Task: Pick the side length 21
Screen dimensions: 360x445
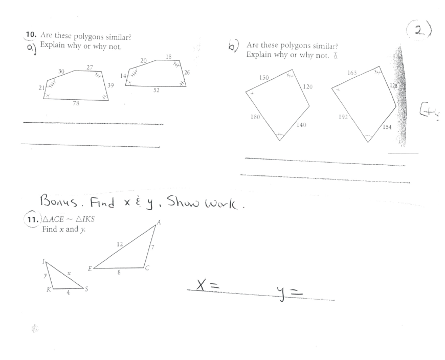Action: click(41, 88)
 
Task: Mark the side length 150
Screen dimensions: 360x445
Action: click(264, 77)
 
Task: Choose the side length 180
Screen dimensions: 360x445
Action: click(255, 117)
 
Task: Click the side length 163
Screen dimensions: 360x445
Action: click(352, 73)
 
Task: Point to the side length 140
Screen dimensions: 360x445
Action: click(302, 125)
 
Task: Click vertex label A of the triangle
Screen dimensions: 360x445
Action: click(159, 222)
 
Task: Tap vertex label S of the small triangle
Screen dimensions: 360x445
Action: click(86, 289)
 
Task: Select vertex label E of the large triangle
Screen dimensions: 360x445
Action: click(90, 268)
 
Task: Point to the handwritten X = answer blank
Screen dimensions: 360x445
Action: click(208, 287)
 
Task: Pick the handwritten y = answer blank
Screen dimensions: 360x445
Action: click(292, 292)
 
